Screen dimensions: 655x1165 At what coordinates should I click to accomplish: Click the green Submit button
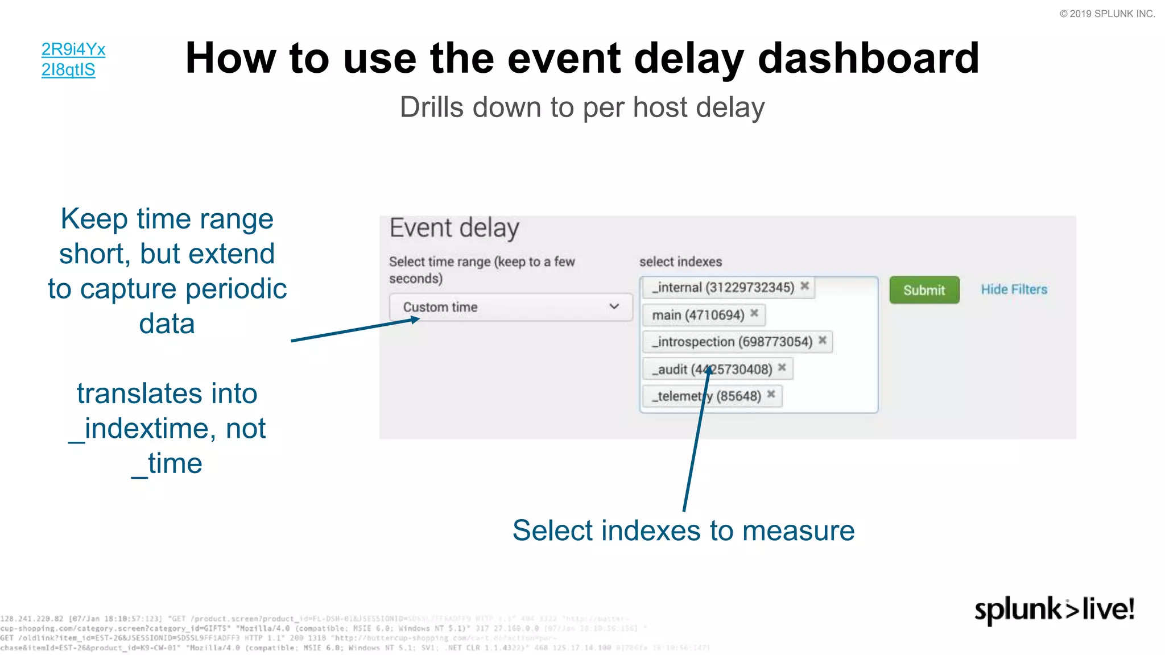coord(924,290)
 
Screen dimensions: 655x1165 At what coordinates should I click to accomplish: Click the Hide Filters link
coord(1014,289)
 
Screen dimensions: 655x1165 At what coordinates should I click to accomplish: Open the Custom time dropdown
coord(510,307)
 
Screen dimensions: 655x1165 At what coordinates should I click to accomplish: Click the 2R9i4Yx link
coord(73,49)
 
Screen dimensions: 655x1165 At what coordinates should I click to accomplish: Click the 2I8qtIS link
coord(68,70)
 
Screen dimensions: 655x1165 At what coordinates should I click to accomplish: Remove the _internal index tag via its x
coord(805,286)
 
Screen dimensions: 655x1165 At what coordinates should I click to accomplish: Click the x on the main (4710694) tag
coord(754,313)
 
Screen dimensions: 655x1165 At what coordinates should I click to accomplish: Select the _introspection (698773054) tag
coord(732,342)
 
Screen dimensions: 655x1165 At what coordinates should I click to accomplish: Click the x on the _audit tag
coord(782,368)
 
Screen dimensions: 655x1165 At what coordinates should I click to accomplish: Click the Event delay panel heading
coord(454,228)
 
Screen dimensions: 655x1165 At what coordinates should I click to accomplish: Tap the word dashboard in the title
coord(868,59)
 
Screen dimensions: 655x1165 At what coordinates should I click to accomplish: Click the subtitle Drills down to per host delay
coord(582,107)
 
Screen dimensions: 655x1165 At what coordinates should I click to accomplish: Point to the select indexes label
coord(680,262)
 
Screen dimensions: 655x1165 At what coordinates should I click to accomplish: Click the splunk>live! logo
coord(1054,610)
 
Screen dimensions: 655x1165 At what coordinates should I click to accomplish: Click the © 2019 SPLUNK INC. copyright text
coord(1106,14)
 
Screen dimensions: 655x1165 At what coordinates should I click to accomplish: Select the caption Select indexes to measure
coord(683,530)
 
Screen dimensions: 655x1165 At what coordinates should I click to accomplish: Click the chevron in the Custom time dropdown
coord(614,306)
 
